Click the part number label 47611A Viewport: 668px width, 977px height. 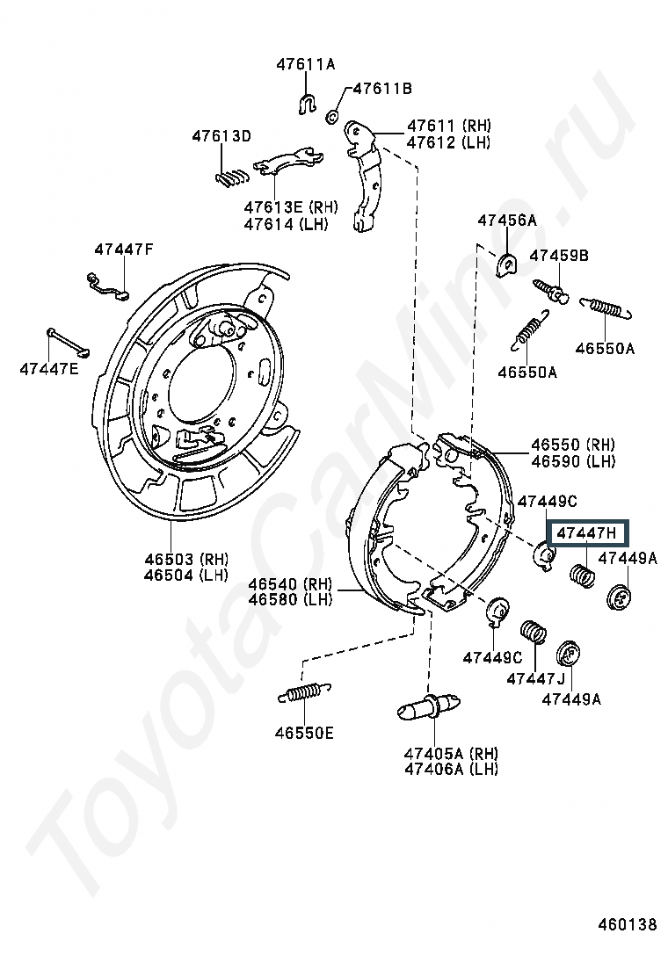click(x=305, y=64)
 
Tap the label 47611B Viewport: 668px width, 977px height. click(x=382, y=89)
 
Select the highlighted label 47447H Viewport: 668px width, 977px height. click(x=587, y=533)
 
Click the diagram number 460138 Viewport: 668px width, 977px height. click(x=628, y=924)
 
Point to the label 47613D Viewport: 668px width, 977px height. click(x=221, y=136)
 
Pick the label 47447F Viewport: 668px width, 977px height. click(x=124, y=250)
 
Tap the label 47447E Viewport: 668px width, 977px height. click(x=49, y=369)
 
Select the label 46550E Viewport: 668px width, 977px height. click(x=304, y=733)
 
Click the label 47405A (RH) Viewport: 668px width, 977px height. click(x=451, y=753)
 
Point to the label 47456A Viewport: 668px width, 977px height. click(x=506, y=220)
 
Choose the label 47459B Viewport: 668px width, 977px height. click(x=559, y=256)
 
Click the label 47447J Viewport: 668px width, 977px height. click(x=535, y=678)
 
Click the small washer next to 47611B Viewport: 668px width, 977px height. click(x=333, y=116)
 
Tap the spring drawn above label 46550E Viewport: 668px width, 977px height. click(x=304, y=693)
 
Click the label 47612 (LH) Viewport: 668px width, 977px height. click(x=448, y=142)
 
